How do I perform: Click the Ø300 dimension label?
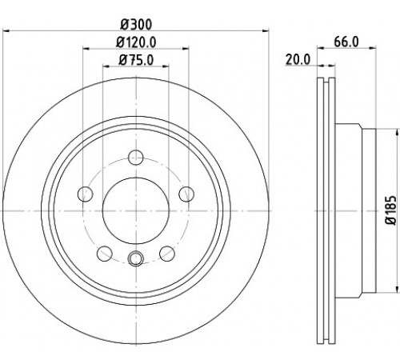pos(136,25)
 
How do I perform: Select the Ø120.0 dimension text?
pos(136,42)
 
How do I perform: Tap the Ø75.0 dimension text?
pos(136,60)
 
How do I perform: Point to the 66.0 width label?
pos(346,42)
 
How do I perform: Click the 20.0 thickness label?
pos(298,59)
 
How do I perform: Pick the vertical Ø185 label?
pos(391,210)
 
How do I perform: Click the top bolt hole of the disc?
pos(136,158)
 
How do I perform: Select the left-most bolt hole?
pos(86,194)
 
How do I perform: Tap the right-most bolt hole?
pos(186,194)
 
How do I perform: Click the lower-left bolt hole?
pos(105,254)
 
